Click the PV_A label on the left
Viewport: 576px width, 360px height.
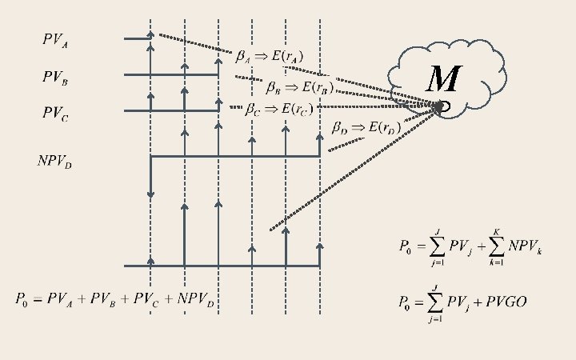point(55,41)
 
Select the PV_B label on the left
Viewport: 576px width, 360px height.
point(55,78)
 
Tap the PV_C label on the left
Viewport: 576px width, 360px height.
point(55,113)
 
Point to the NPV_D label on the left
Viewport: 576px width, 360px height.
point(54,162)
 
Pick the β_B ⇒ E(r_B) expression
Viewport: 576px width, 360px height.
point(299,87)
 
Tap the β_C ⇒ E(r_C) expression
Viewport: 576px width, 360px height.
point(278,110)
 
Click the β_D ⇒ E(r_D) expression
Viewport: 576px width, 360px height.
point(366,127)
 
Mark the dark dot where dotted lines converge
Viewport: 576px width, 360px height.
point(439,106)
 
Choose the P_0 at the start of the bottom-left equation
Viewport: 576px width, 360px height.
point(24,300)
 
